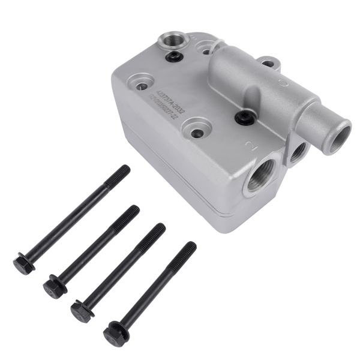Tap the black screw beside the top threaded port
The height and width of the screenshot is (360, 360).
coord(175,56)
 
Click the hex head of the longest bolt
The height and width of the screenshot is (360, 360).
coord(23,264)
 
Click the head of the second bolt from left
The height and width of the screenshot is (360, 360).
coord(54,288)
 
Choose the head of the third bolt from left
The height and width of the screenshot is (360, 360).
coord(82,311)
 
